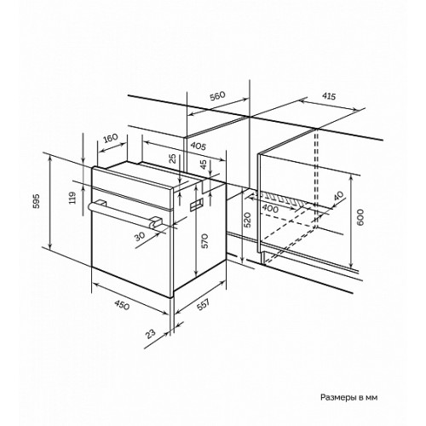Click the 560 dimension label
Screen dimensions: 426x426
pos(217,96)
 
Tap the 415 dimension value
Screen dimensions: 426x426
pos(329,96)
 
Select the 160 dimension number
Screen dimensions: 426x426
pos(110,139)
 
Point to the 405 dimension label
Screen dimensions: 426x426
pos(198,146)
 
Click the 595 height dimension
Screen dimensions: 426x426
pos(37,201)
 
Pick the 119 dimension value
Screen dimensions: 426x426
pos(72,198)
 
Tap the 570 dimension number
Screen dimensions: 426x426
pos(205,241)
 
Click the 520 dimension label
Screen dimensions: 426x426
pos(247,220)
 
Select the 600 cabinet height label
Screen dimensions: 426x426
pos(360,217)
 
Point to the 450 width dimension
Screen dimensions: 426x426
pos(122,305)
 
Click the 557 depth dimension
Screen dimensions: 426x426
pos(204,304)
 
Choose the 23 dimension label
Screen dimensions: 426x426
pos(151,333)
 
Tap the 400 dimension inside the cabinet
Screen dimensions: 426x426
pos(270,209)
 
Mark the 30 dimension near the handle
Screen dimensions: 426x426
pos(140,236)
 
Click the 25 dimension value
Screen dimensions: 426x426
pos(173,158)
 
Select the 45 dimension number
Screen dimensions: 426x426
pos(204,164)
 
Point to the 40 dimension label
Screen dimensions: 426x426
pos(338,196)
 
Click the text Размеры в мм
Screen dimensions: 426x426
pos(349,397)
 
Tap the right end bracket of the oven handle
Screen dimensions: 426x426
pos(155,222)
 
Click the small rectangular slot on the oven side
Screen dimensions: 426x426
pos(196,204)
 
